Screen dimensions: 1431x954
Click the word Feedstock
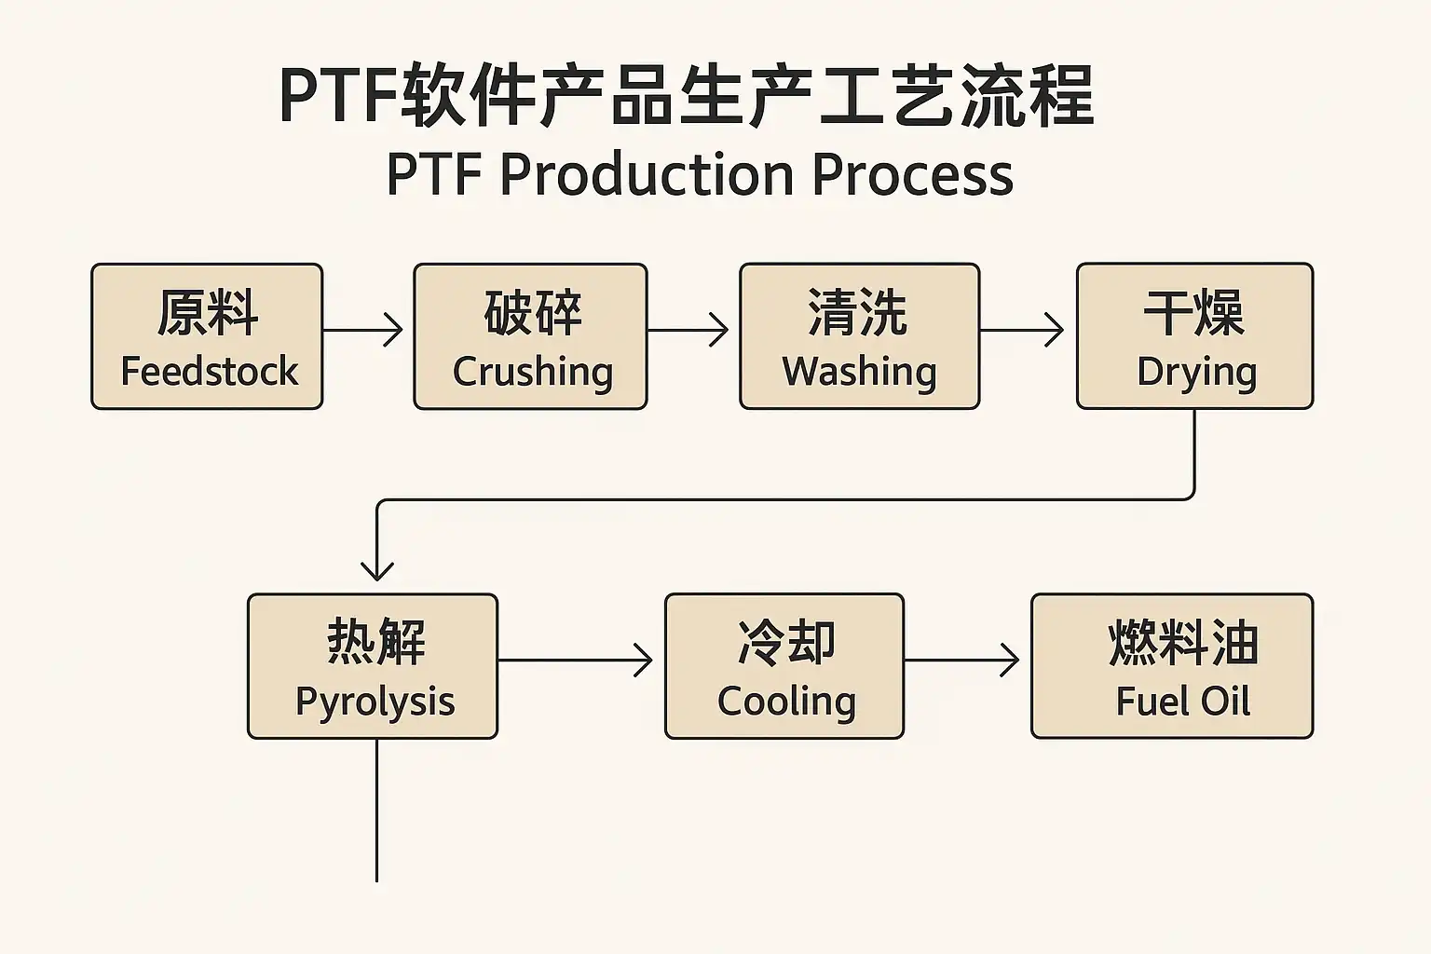pyautogui.click(x=210, y=371)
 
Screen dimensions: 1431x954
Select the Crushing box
pyautogui.click(x=530, y=336)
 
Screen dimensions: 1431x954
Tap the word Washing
pyautogui.click(x=859, y=371)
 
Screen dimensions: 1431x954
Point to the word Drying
pyautogui.click(x=1196, y=371)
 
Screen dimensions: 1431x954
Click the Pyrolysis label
pyautogui.click(x=375, y=702)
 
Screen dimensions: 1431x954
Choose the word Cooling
pyautogui.click(x=786, y=702)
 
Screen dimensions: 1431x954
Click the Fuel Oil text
pyautogui.click(x=1182, y=701)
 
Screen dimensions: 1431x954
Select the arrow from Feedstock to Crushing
pyautogui.click(x=362, y=330)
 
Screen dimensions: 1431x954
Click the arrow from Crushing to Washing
pyautogui.click(x=688, y=330)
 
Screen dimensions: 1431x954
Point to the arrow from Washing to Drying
pyautogui.click(x=1021, y=330)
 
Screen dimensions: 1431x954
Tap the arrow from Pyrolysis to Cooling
pyautogui.click(x=575, y=661)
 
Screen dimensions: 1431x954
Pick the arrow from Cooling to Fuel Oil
pyautogui.click(x=961, y=661)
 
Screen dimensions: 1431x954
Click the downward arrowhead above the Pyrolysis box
pyautogui.click(x=377, y=571)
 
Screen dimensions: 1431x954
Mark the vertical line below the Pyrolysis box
pyautogui.click(x=377, y=811)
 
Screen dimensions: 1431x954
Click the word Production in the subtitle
pyautogui.click(x=647, y=174)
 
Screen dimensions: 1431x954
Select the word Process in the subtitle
pyautogui.click(x=912, y=174)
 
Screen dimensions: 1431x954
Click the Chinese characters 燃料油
pyautogui.click(x=1183, y=642)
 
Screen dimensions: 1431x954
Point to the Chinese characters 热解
pyautogui.click(x=375, y=642)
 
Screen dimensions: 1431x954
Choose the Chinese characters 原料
pyautogui.click(x=208, y=312)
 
